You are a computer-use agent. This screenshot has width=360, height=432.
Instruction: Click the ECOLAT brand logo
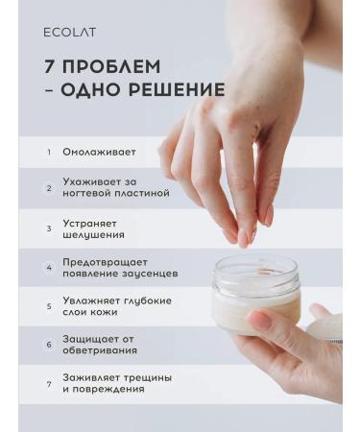point(69,32)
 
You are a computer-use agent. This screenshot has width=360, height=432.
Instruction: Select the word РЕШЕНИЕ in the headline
point(174,91)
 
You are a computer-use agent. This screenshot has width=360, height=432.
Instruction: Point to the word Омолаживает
point(99,152)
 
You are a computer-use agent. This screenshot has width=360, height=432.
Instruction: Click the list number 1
point(48,152)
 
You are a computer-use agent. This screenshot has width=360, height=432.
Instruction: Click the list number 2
point(48,187)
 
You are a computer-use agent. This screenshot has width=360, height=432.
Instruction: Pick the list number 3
point(48,228)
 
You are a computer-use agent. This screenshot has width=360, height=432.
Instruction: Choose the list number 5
point(48,306)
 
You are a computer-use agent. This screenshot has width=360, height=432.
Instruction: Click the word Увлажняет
point(91,300)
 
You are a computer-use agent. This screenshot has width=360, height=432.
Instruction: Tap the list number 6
point(48,344)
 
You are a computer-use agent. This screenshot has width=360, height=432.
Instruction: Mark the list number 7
point(48,383)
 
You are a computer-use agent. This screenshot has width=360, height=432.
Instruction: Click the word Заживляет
point(93,376)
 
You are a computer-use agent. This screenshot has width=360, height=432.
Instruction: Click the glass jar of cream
point(254,293)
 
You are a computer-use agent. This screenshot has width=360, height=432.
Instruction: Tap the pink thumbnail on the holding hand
point(260,320)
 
